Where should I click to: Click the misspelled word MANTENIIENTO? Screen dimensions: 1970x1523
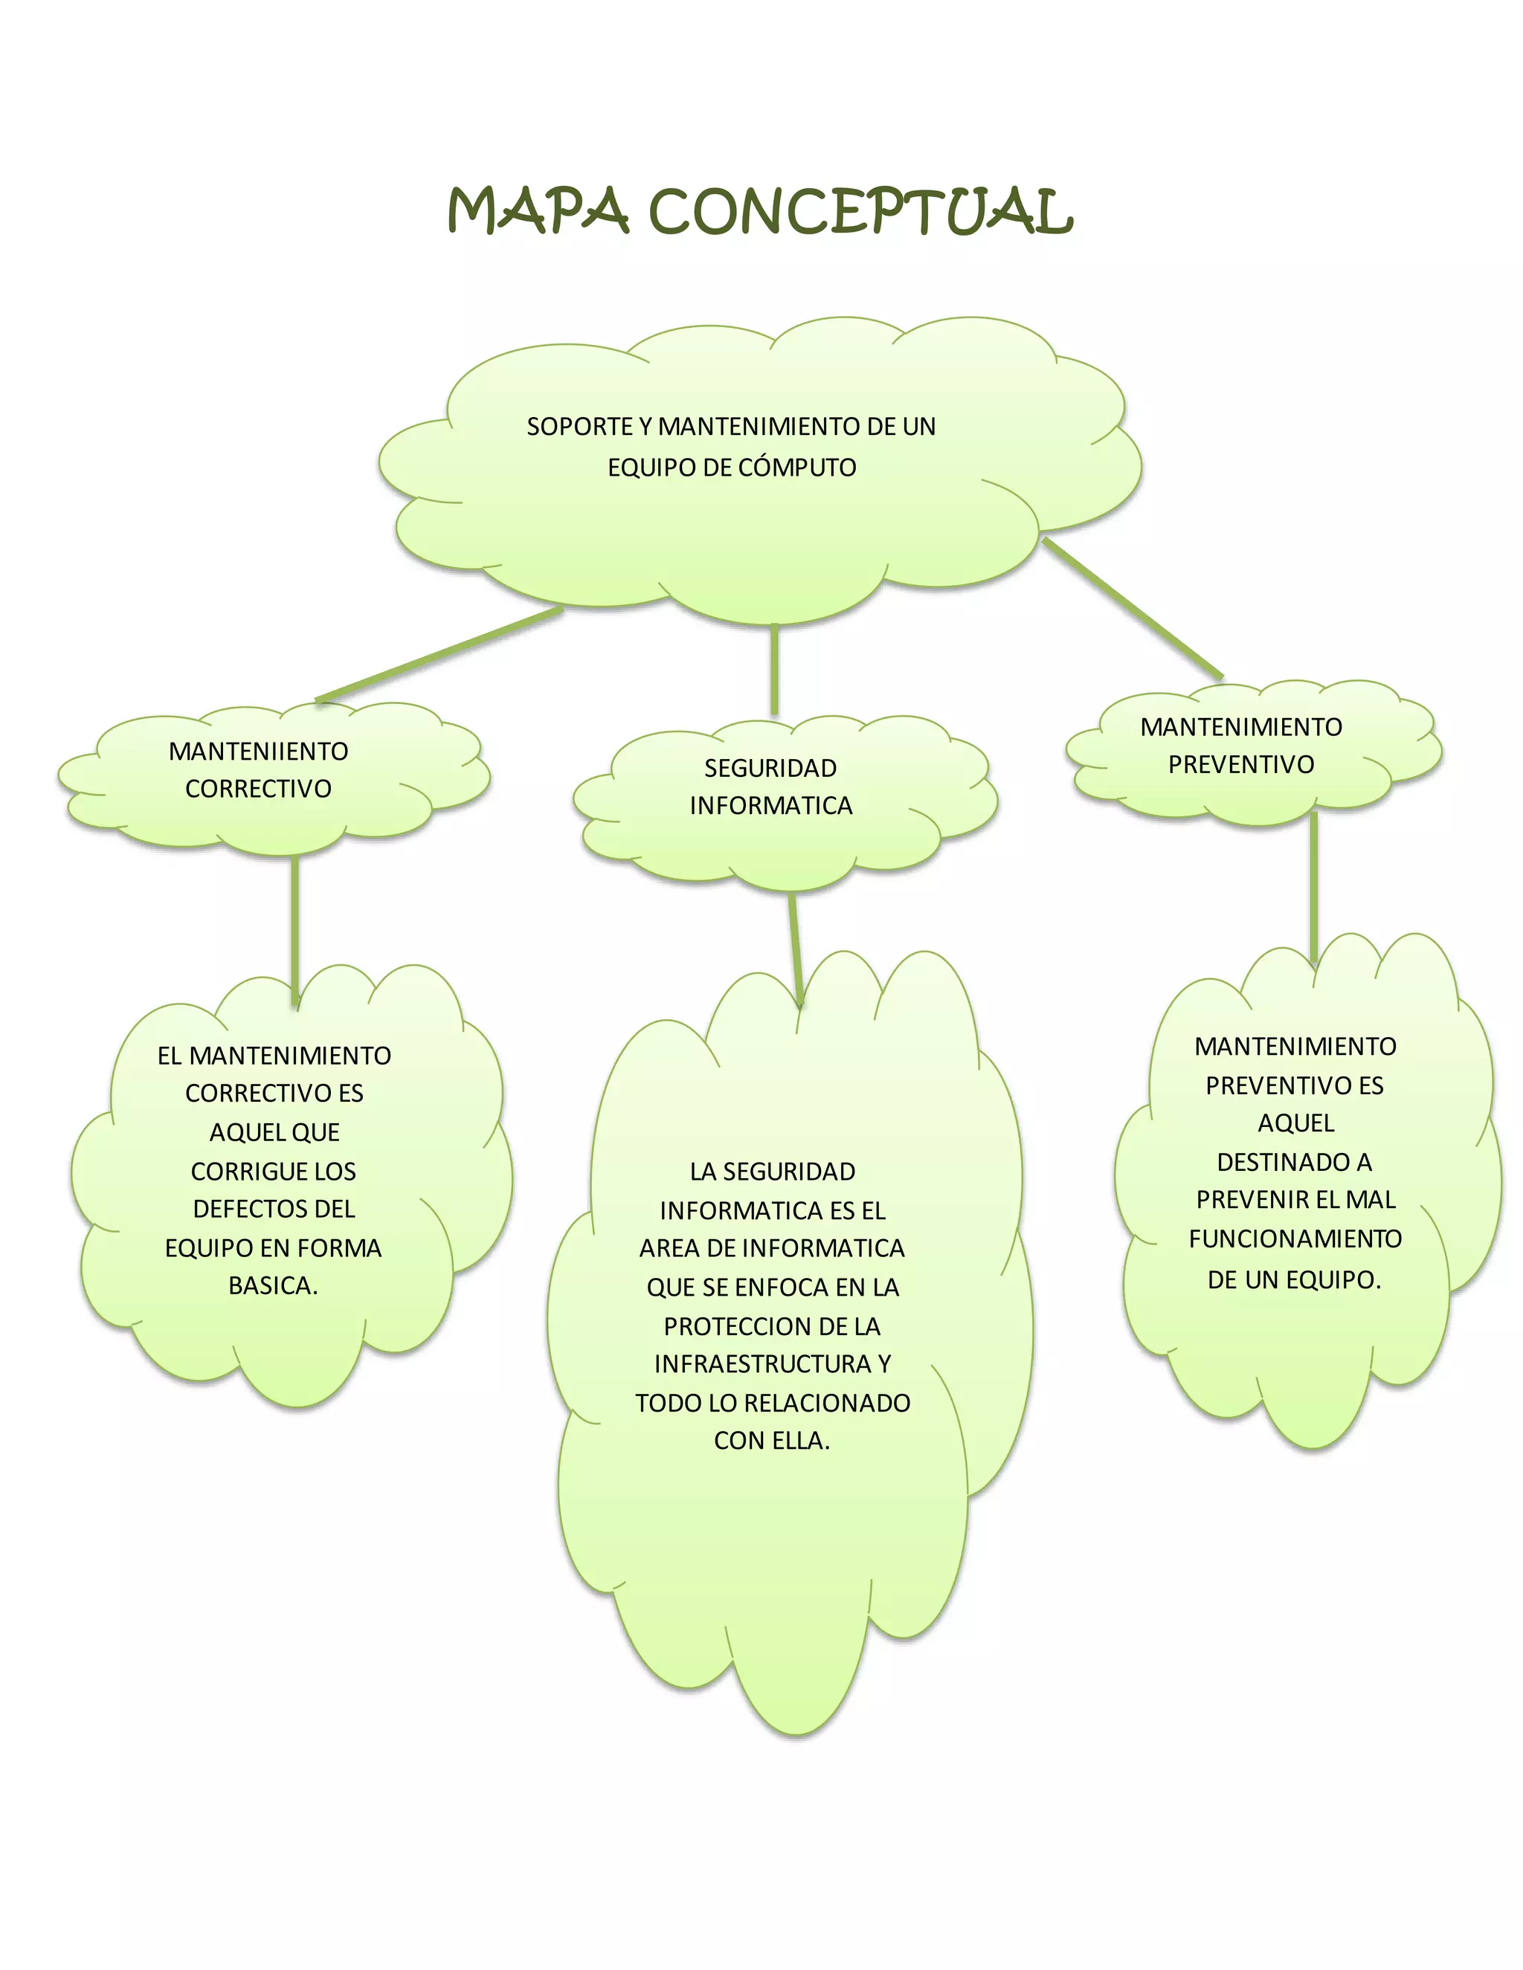point(258,752)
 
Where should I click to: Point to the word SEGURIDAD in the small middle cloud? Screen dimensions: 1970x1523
point(770,769)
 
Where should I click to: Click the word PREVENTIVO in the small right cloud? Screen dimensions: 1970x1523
point(1240,765)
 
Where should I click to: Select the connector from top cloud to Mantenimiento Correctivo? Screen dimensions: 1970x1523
point(440,655)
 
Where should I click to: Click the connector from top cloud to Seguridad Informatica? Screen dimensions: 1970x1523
point(774,669)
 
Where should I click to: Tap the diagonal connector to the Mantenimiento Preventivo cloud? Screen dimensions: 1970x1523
point(1133,608)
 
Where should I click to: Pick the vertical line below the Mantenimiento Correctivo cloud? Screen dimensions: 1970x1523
point(295,929)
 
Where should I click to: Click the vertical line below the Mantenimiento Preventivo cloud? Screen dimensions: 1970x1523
point(1314,888)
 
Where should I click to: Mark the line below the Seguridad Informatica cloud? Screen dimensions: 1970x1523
point(795,949)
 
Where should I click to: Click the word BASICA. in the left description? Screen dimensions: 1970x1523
point(274,1286)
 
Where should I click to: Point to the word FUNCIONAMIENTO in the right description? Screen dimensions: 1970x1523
point(1295,1239)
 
